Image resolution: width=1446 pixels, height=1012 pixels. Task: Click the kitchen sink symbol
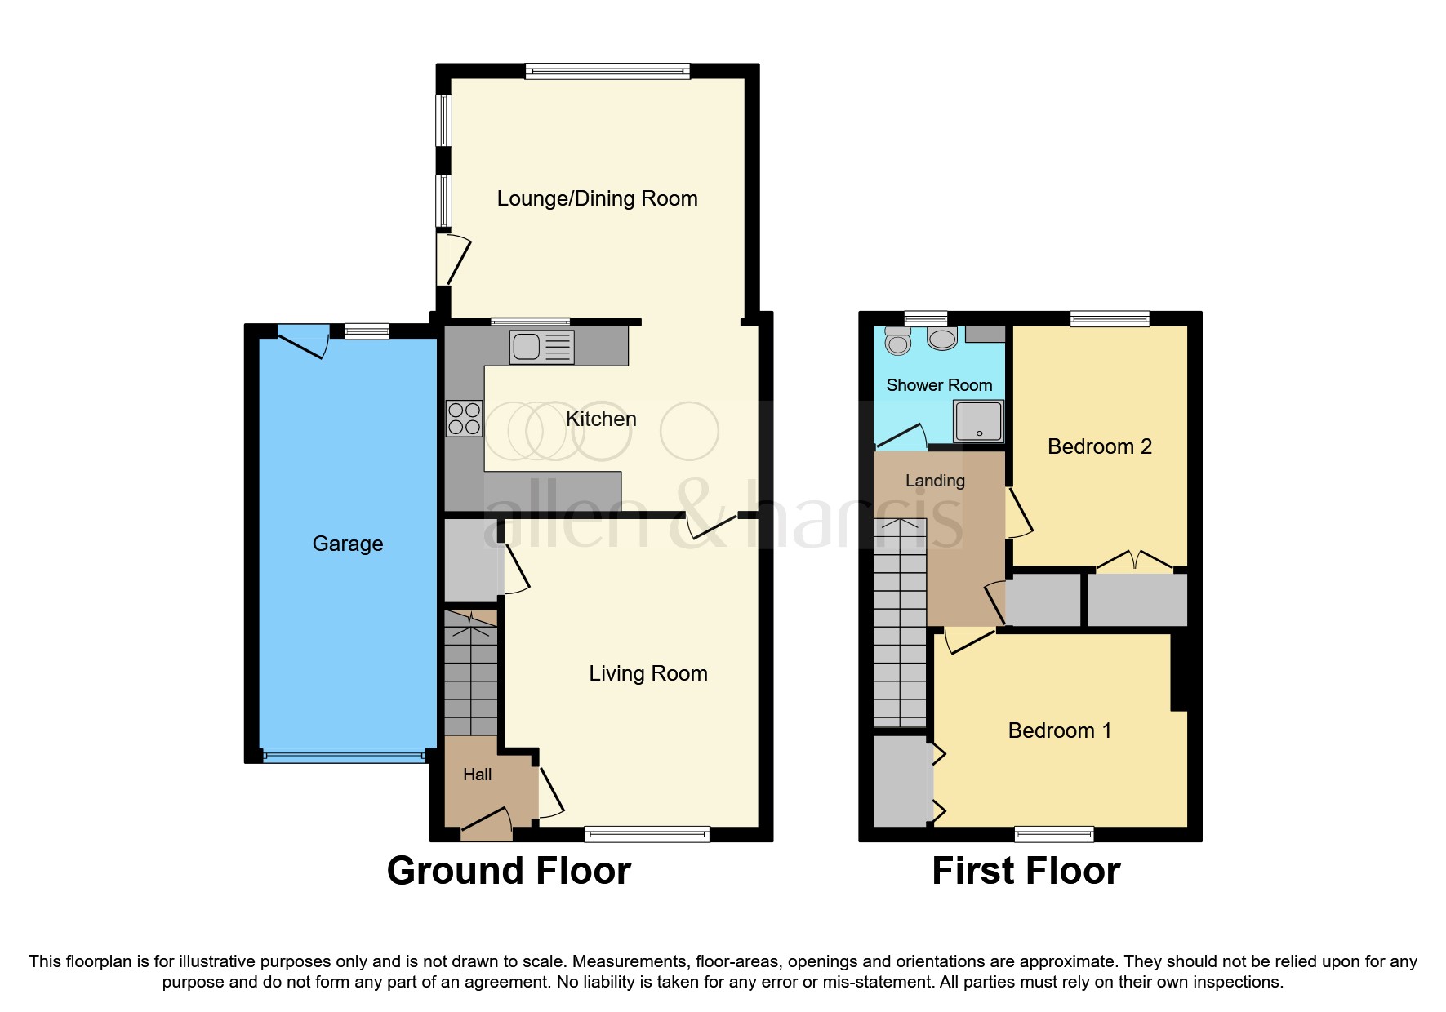pyautogui.click(x=541, y=347)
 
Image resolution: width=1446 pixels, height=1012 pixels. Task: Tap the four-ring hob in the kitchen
pyautogui.click(x=464, y=419)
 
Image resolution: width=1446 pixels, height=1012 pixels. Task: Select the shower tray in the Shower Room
pyautogui.click(x=979, y=421)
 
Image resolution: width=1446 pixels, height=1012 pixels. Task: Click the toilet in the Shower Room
pyautogui.click(x=898, y=341)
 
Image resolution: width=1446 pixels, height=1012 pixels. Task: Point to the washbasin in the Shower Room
pyautogui.click(x=942, y=338)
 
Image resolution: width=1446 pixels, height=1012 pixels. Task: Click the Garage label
pyautogui.click(x=348, y=544)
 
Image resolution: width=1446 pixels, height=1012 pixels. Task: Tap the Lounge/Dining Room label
pyautogui.click(x=597, y=198)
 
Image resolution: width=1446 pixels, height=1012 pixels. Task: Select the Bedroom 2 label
pyautogui.click(x=1099, y=446)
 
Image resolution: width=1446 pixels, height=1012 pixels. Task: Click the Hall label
pyautogui.click(x=477, y=775)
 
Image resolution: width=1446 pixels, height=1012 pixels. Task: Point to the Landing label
pyautogui.click(x=935, y=481)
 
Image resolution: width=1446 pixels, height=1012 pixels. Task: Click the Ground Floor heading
pyautogui.click(x=509, y=871)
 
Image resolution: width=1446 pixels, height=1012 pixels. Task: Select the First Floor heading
pyautogui.click(x=1026, y=871)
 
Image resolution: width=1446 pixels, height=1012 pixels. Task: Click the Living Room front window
pyautogui.click(x=647, y=833)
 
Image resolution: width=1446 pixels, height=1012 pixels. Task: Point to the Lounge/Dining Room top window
pyautogui.click(x=607, y=72)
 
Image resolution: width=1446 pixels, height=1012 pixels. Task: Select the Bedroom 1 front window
pyautogui.click(x=1053, y=833)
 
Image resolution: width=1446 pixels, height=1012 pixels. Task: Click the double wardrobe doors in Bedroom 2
pyautogui.click(x=1135, y=561)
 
